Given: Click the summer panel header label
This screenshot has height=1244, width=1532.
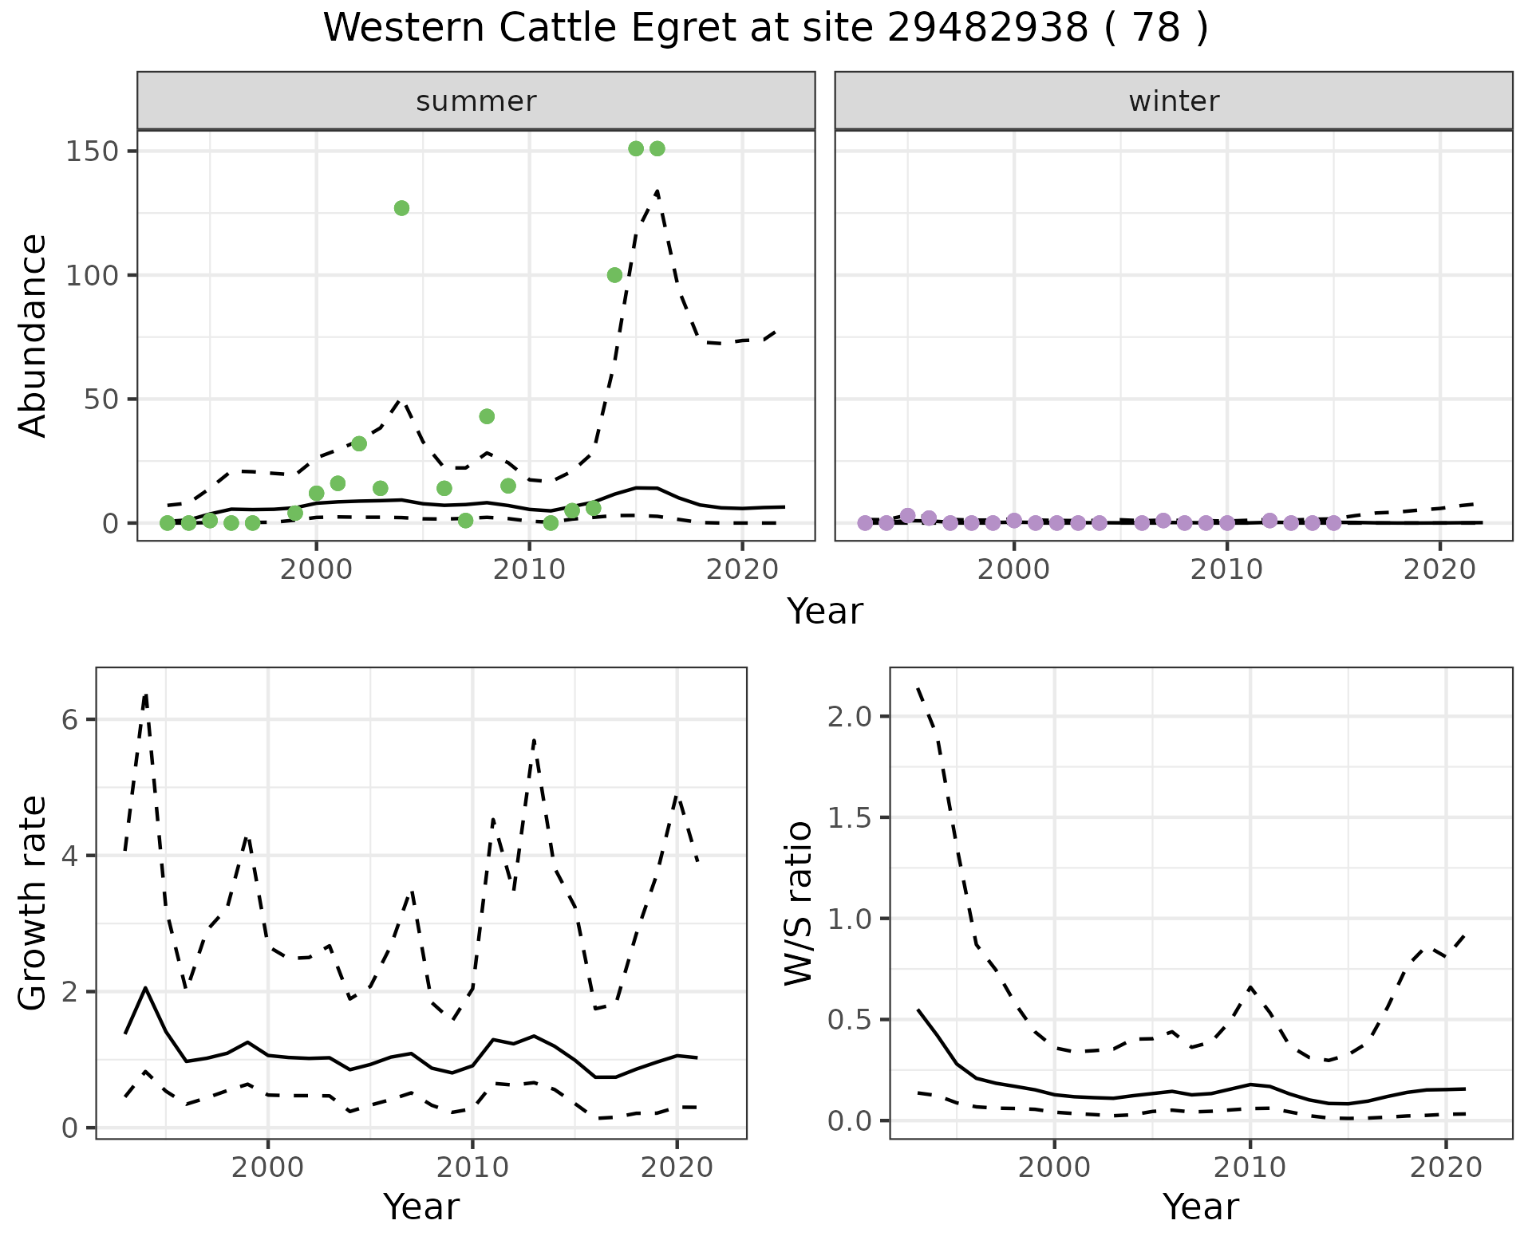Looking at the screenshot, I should click(x=476, y=101).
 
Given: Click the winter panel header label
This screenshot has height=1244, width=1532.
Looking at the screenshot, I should click(x=1174, y=101).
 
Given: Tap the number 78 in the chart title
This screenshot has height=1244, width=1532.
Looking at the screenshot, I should click(x=1155, y=28).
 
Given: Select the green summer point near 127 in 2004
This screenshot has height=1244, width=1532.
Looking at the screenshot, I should click(x=401, y=208).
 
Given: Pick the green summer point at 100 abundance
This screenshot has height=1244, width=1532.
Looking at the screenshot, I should click(x=614, y=275).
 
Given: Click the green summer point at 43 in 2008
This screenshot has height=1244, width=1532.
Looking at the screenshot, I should click(x=487, y=416).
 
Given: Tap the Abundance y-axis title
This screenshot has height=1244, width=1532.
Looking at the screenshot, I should click(x=34, y=335).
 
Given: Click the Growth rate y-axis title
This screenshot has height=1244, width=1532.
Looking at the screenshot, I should click(x=34, y=903).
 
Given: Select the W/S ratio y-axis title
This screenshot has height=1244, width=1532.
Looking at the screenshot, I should click(x=798, y=903).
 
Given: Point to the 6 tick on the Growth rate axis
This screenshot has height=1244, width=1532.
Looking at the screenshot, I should click(x=69, y=720).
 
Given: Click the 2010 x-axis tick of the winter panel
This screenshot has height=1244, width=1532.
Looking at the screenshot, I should click(x=1227, y=569).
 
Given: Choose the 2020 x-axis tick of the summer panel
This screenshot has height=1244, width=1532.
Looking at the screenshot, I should click(x=742, y=569).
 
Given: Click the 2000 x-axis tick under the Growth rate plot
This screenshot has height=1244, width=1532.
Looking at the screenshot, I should click(x=268, y=1167).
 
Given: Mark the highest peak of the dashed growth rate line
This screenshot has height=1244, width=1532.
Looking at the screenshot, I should click(x=146, y=694).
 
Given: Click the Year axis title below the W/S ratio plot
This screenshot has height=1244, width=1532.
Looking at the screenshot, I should click(x=1201, y=1207).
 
